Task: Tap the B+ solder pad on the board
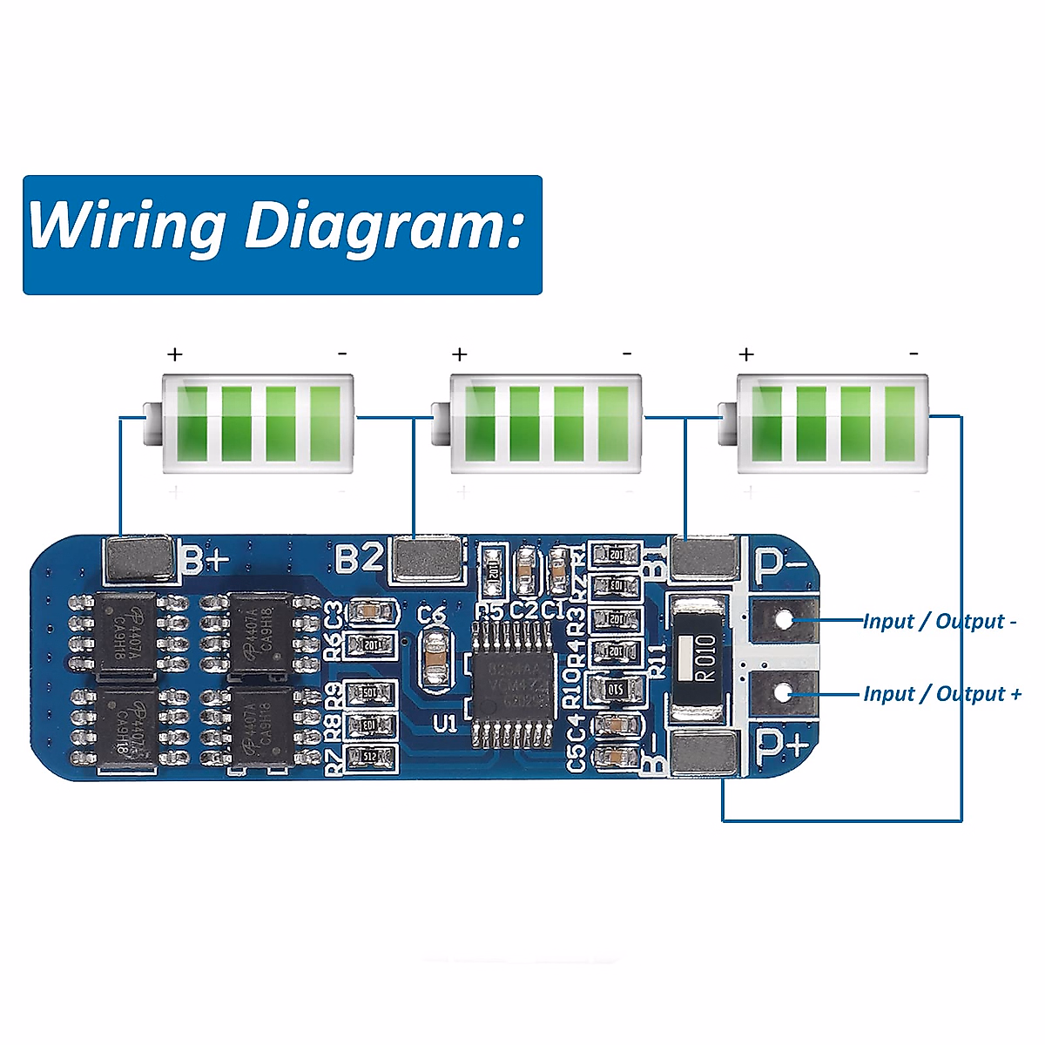coord(138,559)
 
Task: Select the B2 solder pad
coord(427,558)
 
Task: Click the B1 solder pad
coord(705,557)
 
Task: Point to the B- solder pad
coord(705,753)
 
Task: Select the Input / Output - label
coord(940,621)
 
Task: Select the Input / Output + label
coord(941,694)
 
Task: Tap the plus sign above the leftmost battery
coord(176,354)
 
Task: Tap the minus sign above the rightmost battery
coord(914,354)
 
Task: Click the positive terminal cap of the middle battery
coord(441,424)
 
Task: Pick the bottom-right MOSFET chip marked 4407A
coord(262,728)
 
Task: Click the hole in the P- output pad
coord(785,620)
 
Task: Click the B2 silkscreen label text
coord(359,558)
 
